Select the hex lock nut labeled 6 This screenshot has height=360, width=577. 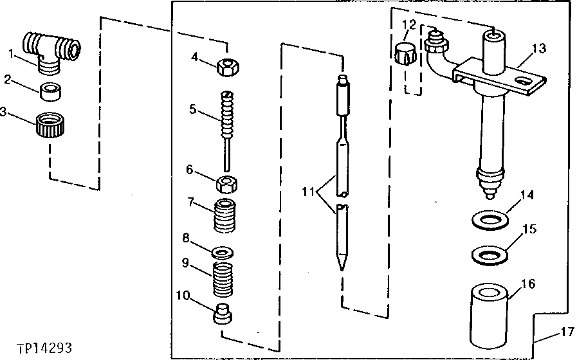tap(227, 184)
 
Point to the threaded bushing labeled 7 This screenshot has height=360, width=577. tap(227, 217)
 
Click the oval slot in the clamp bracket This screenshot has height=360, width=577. tap(528, 82)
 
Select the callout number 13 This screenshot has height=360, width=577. tap(538, 49)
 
